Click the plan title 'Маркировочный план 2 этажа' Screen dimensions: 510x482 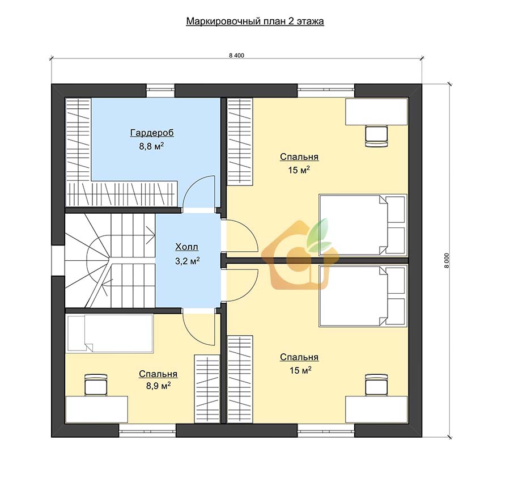click(x=255, y=22)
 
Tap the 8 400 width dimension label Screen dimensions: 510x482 click(x=236, y=56)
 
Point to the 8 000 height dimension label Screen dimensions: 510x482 click(x=447, y=261)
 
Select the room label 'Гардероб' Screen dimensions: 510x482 click(x=152, y=133)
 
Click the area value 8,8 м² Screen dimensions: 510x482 click(x=151, y=146)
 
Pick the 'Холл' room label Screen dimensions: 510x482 click(x=186, y=247)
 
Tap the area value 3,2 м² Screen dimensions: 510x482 click(x=188, y=261)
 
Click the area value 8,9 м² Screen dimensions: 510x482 click(x=159, y=386)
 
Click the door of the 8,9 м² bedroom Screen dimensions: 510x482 click(x=199, y=329)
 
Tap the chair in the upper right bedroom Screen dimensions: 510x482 click(x=376, y=136)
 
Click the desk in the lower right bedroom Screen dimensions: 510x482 click(x=376, y=409)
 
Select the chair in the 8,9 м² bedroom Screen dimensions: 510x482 click(x=96, y=384)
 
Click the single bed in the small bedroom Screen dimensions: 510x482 click(x=109, y=333)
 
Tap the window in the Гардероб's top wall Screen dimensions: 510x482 click(x=161, y=91)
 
